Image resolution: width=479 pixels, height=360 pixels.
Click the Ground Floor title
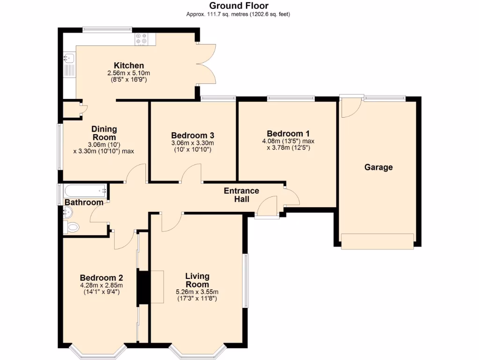[239, 6]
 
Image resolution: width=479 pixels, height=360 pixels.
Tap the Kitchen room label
[129, 66]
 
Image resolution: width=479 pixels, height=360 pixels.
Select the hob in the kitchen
[142, 38]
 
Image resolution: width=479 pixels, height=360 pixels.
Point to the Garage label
[378, 167]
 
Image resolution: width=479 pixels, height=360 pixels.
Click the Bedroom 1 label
[288, 133]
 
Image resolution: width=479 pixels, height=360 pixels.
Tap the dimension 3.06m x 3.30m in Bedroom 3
[192, 143]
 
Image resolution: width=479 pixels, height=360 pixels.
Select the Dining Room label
[104, 133]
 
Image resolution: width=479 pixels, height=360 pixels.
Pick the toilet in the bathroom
[72, 228]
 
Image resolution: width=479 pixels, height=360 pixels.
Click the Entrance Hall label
[241, 195]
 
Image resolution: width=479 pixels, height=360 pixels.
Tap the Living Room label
[197, 280]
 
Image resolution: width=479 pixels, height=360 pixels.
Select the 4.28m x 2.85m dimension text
[101, 285]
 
